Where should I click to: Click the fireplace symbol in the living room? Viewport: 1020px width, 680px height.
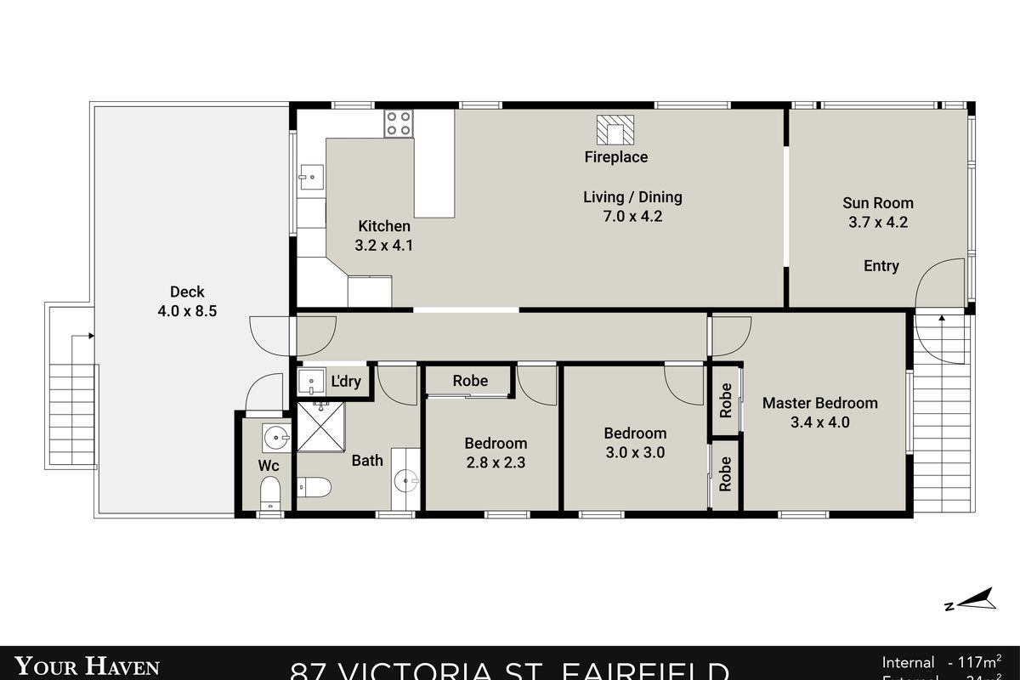(615, 128)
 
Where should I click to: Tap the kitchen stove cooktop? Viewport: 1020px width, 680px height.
(399, 124)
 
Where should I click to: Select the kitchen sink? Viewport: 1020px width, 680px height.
(309, 179)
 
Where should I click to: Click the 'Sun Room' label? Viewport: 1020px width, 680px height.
(878, 203)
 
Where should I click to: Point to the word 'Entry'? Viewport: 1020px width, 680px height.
(881, 266)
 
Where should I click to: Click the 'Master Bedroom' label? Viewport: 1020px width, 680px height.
(819, 403)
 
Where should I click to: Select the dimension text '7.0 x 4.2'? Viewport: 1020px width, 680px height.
(632, 217)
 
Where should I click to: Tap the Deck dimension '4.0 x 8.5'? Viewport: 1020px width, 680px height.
(187, 311)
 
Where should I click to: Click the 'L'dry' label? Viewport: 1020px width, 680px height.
(346, 382)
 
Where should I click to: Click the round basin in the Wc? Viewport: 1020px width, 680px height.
(275, 439)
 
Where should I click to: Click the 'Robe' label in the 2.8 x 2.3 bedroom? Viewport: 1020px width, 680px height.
(470, 381)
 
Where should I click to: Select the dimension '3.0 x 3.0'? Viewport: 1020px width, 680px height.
(635, 452)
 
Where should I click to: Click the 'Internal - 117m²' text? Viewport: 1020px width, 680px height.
(941, 662)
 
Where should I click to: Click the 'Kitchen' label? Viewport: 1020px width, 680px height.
(383, 226)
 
